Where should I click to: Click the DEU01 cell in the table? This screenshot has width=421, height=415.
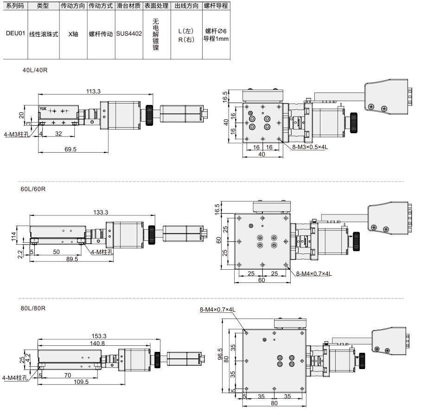pyautogui.click(x=15, y=33)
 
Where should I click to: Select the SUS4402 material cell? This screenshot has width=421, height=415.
pyautogui.click(x=129, y=33)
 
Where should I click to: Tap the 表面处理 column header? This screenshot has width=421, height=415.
pyautogui.click(x=157, y=6)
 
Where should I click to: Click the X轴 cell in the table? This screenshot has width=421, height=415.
pyautogui.click(x=73, y=34)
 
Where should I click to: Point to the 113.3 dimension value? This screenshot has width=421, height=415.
pyautogui.click(x=93, y=91)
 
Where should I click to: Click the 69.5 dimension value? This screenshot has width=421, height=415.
pyautogui.click(x=70, y=149)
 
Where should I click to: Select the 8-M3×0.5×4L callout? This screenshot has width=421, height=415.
pyautogui.click(x=310, y=147)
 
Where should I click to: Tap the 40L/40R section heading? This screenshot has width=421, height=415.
pyautogui.click(x=35, y=70)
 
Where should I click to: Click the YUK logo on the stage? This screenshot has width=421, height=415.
pyautogui.click(x=43, y=109)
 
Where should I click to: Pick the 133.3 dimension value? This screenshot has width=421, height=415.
pyautogui.click(x=101, y=212)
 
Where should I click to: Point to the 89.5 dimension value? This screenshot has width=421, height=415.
pyautogui.click(x=72, y=259)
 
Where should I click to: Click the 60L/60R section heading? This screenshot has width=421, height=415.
pyautogui.click(x=33, y=189)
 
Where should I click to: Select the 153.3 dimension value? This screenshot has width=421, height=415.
pyautogui.click(x=99, y=336)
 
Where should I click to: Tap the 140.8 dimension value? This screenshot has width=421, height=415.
pyautogui.click(x=97, y=343)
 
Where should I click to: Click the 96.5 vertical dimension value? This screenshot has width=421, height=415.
pyautogui.click(x=220, y=354)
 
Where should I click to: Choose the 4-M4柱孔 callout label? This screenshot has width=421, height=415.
pyautogui.click(x=15, y=378)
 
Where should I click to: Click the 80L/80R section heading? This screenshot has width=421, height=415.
pyautogui.click(x=33, y=308)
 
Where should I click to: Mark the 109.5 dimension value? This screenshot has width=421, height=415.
pyautogui.click(x=81, y=382)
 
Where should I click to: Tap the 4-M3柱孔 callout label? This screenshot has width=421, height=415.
pyautogui.click(x=17, y=134)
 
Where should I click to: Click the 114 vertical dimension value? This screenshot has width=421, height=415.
pyautogui.click(x=13, y=237)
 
